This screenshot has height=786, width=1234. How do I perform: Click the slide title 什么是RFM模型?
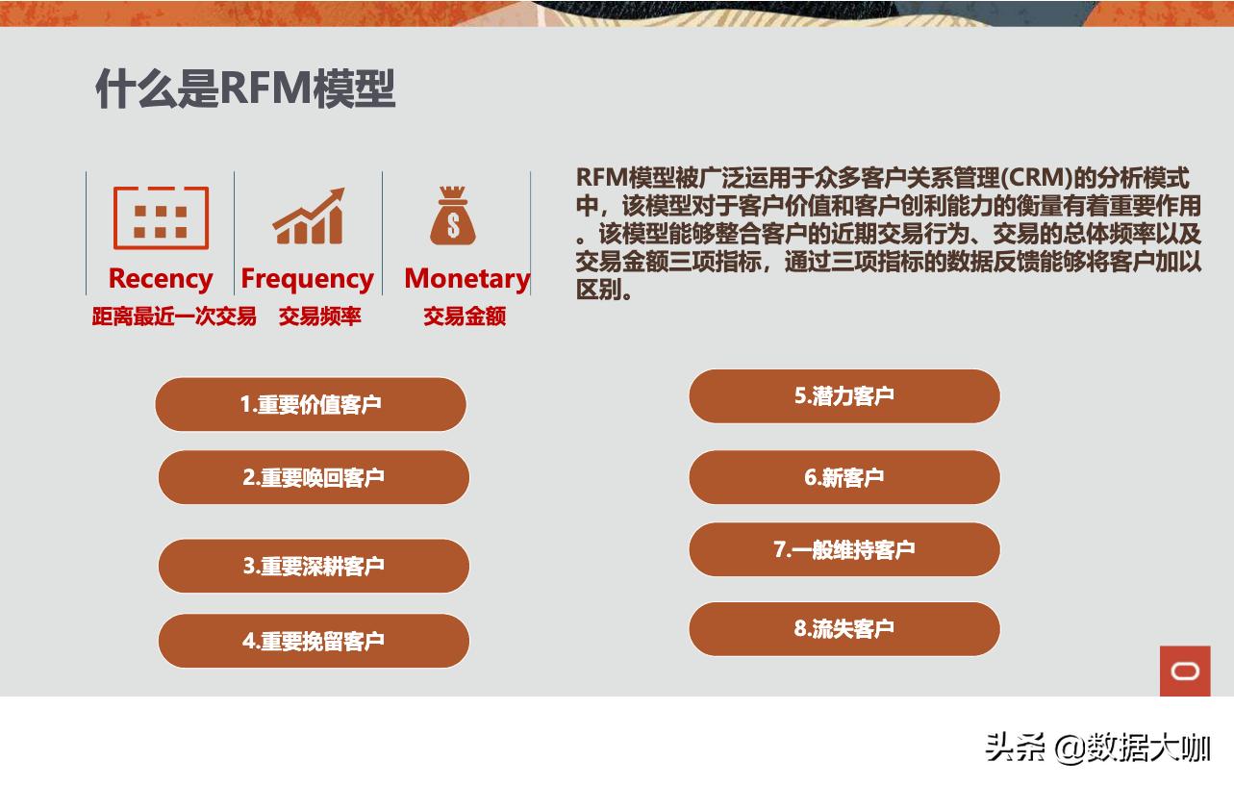coord(245,89)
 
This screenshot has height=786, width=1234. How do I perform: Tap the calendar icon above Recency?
coord(161,217)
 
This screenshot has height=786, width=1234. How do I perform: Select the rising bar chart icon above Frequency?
coord(309,216)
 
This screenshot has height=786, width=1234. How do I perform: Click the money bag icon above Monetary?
coord(453,216)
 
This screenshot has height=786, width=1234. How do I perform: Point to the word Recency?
coord(161,278)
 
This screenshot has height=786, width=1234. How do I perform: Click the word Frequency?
coord(307,278)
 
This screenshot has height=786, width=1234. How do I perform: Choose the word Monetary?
coord(466,278)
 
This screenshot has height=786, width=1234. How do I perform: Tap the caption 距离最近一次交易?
coord(174,317)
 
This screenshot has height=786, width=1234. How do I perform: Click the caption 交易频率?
coord(320,317)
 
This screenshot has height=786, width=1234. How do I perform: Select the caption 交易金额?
coord(465,317)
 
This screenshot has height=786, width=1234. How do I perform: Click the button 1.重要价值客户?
coord(311,404)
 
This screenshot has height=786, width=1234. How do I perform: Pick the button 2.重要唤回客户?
coord(314,477)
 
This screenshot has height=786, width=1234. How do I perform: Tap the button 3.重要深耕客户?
coord(314,566)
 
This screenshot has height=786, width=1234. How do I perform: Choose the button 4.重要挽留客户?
coord(314,641)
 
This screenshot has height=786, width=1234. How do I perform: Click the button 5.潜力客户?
coord(844,395)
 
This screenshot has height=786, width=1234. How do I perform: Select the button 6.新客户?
coord(844,477)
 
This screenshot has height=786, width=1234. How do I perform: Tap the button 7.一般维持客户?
coord(844,549)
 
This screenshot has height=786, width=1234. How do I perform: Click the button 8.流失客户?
coord(844,629)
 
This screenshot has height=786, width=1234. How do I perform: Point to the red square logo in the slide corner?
coord(1185,671)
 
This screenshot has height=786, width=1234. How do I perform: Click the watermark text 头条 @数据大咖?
coord(1097,748)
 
